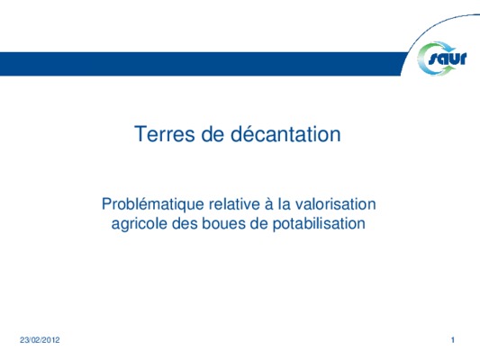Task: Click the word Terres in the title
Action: pyautogui.click(x=165, y=134)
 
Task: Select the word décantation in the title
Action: pyautogui.click(x=285, y=134)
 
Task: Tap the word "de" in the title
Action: pyautogui.click(x=213, y=134)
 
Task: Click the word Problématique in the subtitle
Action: pyautogui.click(x=153, y=204)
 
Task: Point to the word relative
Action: pyautogui.click(x=234, y=204)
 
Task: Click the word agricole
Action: pyautogui.click(x=140, y=224)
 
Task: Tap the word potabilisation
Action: pyautogui.click(x=319, y=224)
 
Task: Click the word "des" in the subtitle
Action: pyautogui.click(x=185, y=223)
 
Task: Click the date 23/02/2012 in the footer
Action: pyautogui.click(x=40, y=340)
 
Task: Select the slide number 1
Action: pyautogui.click(x=453, y=340)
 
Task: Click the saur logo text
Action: pyautogui.click(x=448, y=58)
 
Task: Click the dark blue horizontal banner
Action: pyautogui.click(x=202, y=64)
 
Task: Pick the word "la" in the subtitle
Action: pyautogui.click(x=285, y=204)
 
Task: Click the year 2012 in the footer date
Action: pyautogui.click(x=51, y=340)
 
